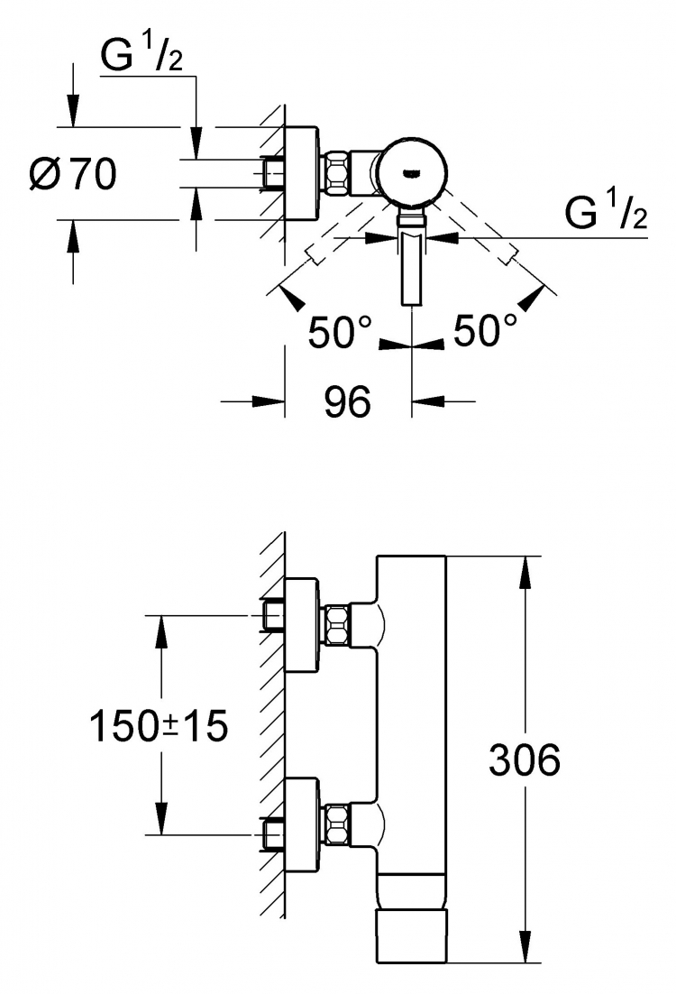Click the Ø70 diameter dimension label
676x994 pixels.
74,174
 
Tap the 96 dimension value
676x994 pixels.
347,401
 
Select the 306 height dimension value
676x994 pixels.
525,759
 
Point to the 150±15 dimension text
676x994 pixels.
159,726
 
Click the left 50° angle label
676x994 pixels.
340,331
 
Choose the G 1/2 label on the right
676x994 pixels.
607,212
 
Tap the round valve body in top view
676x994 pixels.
413,172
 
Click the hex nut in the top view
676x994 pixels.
337,172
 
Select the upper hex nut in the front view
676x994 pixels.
337,626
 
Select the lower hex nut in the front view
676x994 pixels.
337,824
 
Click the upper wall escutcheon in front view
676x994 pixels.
300,625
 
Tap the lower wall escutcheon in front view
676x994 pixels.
300,824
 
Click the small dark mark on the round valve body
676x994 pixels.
413,171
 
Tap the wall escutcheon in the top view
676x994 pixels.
300,173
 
